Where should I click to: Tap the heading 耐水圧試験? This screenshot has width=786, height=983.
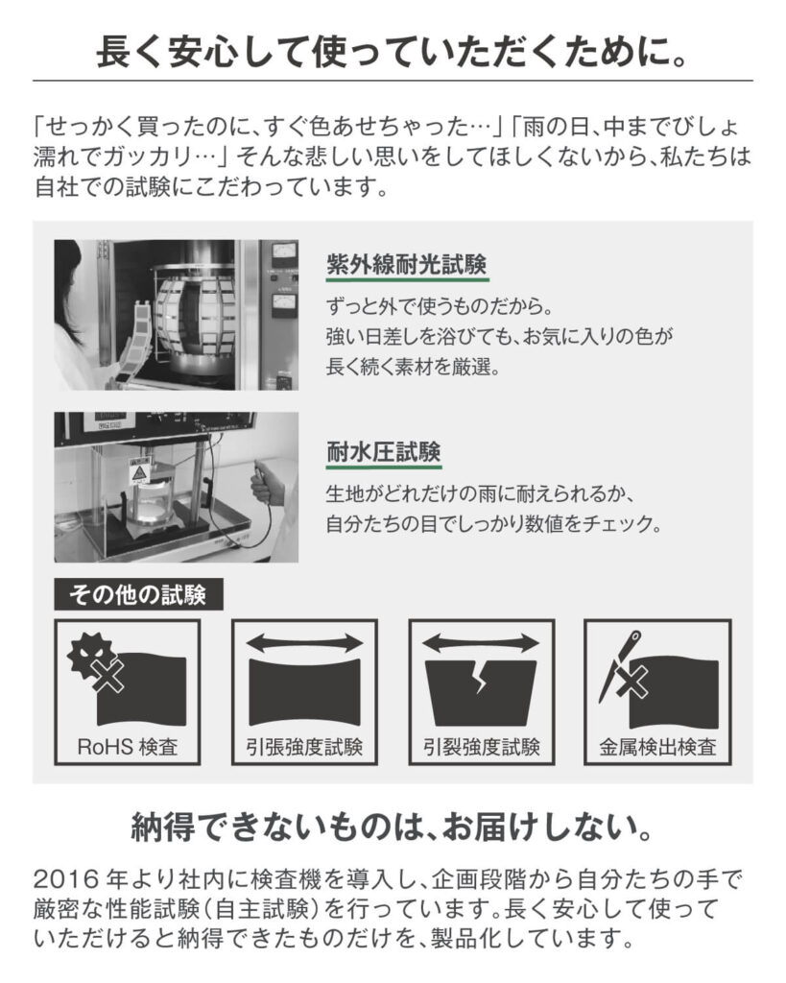(x=383, y=452)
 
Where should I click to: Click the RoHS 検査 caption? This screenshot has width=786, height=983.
(x=128, y=746)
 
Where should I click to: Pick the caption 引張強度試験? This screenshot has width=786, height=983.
(x=304, y=746)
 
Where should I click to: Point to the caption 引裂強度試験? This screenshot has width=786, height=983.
(x=481, y=746)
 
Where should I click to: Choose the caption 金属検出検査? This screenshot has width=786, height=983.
(x=657, y=746)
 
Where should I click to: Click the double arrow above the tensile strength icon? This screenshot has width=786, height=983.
(x=304, y=640)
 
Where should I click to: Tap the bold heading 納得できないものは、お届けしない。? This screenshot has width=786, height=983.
(x=393, y=827)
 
